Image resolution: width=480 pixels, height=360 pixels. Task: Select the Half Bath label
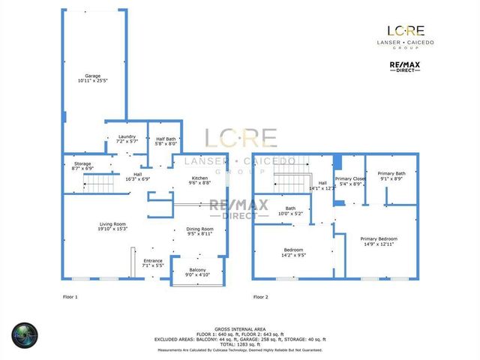[x=165, y=139]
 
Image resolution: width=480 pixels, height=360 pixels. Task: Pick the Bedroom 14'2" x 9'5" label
[x=293, y=251]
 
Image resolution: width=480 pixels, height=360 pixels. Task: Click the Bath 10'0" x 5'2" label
[x=289, y=211]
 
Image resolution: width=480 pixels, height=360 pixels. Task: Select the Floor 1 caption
[x=70, y=297]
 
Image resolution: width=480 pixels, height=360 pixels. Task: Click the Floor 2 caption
[x=260, y=297]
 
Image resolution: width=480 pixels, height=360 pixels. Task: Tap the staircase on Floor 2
[x=289, y=181]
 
